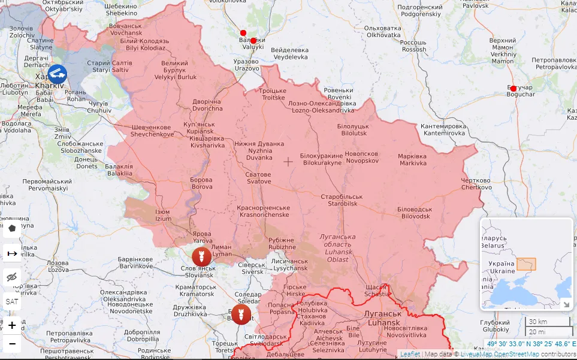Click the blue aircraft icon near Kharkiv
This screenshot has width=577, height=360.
click(x=58, y=74)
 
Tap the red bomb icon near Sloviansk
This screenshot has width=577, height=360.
click(x=201, y=256)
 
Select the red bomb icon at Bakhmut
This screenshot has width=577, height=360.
click(x=241, y=314)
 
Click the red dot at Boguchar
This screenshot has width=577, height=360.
click(x=513, y=89)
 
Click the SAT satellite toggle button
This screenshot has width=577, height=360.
click(x=12, y=301)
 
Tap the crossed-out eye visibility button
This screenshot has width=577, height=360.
click(x=12, y=277)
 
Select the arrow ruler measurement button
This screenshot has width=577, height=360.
click(x=12, y=254)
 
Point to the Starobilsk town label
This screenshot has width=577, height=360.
click(x=342, y=200)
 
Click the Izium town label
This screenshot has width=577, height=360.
click(x=163, y=216)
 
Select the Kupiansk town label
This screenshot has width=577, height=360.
click(x=199, y=127)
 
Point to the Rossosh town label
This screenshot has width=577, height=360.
click(x=414, y=46)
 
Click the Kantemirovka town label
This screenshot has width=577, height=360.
click(x=443, y=129)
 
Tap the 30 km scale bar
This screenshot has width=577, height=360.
click(x=547, y=322)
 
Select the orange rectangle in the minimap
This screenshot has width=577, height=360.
click(x=526, y=264)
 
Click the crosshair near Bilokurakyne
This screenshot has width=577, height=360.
click(x=288, y=162)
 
